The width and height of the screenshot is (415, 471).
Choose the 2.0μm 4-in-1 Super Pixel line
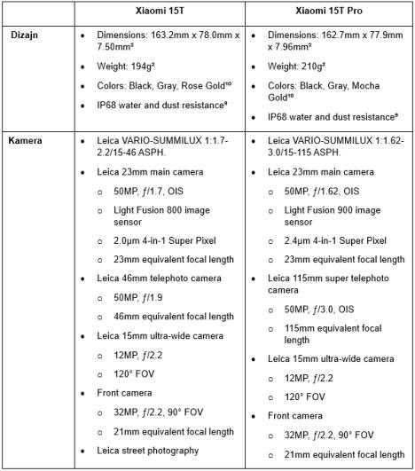(168, 239)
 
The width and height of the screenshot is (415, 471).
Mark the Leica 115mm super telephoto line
(327, 278)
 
